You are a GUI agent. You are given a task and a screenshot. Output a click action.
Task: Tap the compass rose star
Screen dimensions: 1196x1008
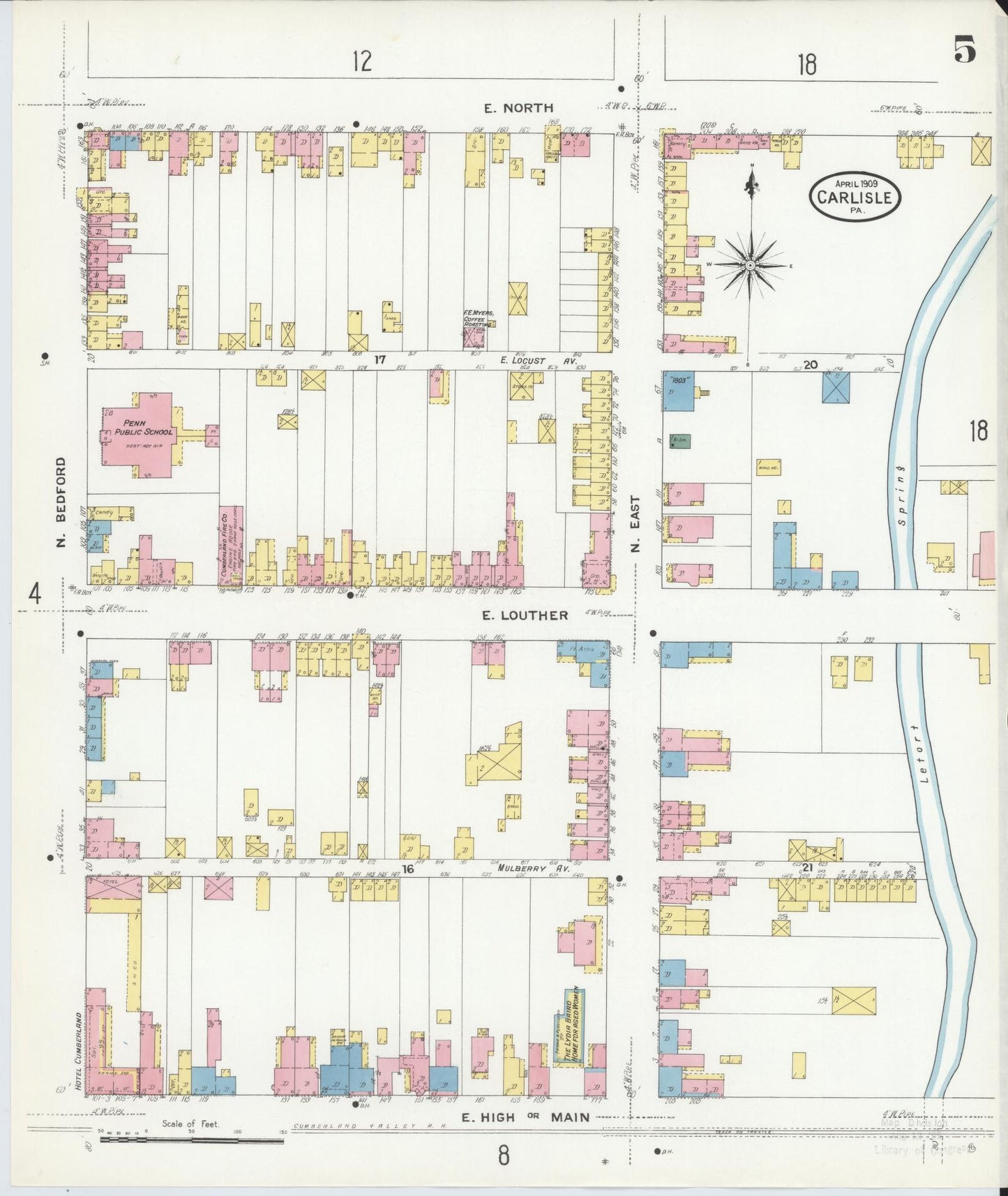[x=750, y=265]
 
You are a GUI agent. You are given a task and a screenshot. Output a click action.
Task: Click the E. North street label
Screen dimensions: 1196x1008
[x=520, y=107]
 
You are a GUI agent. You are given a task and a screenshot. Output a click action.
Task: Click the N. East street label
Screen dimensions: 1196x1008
[x=635, y=524]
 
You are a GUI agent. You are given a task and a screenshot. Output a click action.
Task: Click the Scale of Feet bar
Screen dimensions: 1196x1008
[x=192, y=1140]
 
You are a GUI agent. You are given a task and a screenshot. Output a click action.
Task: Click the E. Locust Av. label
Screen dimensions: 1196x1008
[x=529, y=360]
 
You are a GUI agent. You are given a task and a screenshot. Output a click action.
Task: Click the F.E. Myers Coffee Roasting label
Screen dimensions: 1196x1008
[x=479, y=318]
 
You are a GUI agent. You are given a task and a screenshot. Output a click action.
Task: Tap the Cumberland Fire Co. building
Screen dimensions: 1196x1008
[x=230, y=544]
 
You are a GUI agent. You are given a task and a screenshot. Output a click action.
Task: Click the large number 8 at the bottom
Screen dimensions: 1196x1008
[x=504, y=1156]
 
